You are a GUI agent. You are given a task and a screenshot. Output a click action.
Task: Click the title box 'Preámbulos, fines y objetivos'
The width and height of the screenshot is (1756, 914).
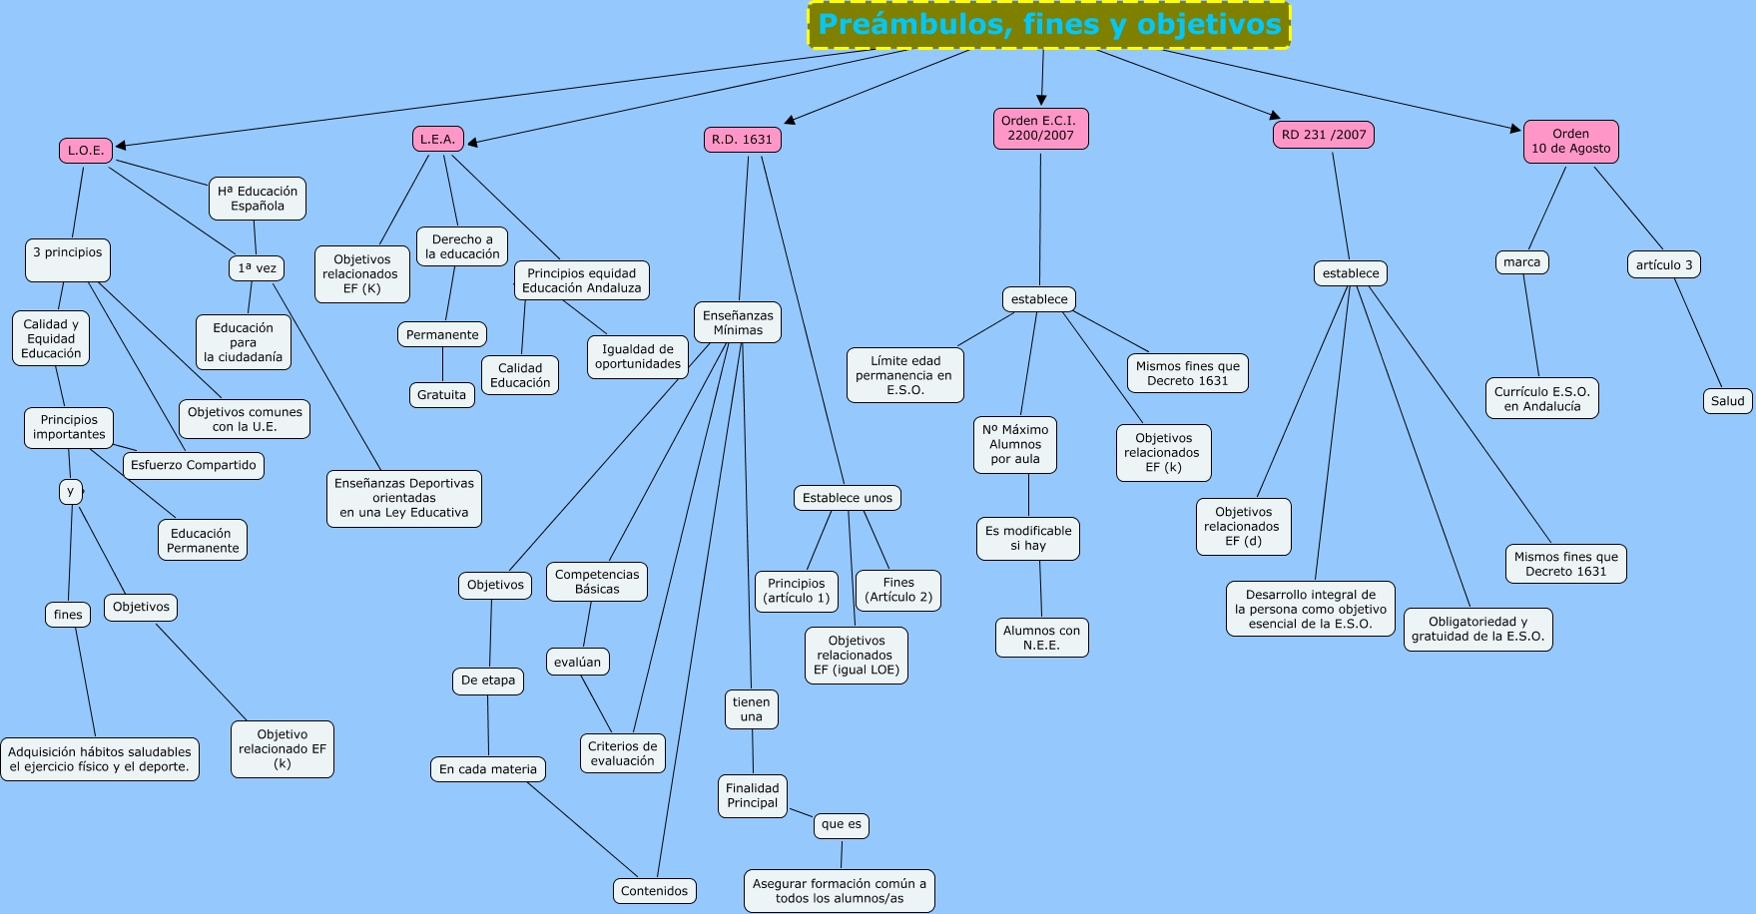tap(1048, 25)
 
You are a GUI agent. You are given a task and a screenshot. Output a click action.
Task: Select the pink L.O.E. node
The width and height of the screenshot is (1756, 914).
tap(86, 151)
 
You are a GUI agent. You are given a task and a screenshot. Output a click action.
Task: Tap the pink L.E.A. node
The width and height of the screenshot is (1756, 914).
tap(437, 140)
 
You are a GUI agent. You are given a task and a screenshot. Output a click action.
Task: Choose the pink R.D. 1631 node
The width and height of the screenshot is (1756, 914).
tap(742, 140)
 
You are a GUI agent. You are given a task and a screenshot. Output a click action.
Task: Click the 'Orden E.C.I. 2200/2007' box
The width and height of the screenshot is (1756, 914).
tap(1040, 129)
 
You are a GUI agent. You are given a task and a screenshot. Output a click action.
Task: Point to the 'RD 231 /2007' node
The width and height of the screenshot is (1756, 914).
tap(1324, 135)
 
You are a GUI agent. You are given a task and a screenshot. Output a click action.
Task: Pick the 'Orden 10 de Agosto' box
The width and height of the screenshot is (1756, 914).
tap(1570, 142)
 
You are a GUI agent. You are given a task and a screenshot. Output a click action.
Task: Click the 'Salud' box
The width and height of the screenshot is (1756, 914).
tap(1727, 401)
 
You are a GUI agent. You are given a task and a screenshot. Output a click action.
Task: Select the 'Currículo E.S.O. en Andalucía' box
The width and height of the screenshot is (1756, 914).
tap(1541, 399)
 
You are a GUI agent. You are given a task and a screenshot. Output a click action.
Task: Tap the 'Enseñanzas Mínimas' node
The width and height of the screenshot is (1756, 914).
tap(738, 322)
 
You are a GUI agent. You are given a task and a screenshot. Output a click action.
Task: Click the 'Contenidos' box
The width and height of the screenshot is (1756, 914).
tap(654, 891)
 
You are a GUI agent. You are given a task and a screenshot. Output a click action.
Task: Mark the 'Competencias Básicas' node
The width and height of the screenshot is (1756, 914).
tap(597, 582)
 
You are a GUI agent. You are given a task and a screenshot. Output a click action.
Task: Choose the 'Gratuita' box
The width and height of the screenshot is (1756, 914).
tap(441, 395)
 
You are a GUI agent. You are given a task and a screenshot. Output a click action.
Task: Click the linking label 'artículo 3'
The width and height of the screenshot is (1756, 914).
tap(1663, 264)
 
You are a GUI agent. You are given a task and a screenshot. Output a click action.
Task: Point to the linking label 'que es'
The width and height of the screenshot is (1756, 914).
tap(841, 825)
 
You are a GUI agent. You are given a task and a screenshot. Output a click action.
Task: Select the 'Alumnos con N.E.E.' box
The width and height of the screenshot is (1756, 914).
tap(1041, 638)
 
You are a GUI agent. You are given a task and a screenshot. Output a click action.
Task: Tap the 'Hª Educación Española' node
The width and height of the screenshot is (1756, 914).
tap(258, 199)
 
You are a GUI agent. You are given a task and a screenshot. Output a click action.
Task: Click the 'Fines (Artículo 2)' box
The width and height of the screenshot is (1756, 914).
tap(898, 590)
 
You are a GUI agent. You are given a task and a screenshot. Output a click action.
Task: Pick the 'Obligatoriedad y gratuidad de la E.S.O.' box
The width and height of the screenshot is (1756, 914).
tap(1477, 629)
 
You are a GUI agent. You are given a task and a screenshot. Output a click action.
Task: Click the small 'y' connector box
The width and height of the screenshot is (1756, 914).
tap(70, 491)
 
